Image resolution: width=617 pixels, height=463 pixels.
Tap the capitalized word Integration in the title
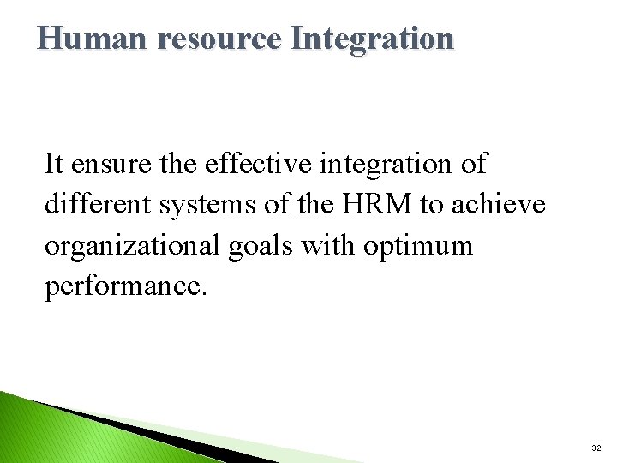point(372,39)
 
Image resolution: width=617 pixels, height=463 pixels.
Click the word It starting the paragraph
point(54,163)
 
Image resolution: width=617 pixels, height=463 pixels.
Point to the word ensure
point(102,163)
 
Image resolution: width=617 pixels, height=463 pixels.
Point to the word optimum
point(418,247)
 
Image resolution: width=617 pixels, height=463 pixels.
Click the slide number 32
point(596,448)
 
